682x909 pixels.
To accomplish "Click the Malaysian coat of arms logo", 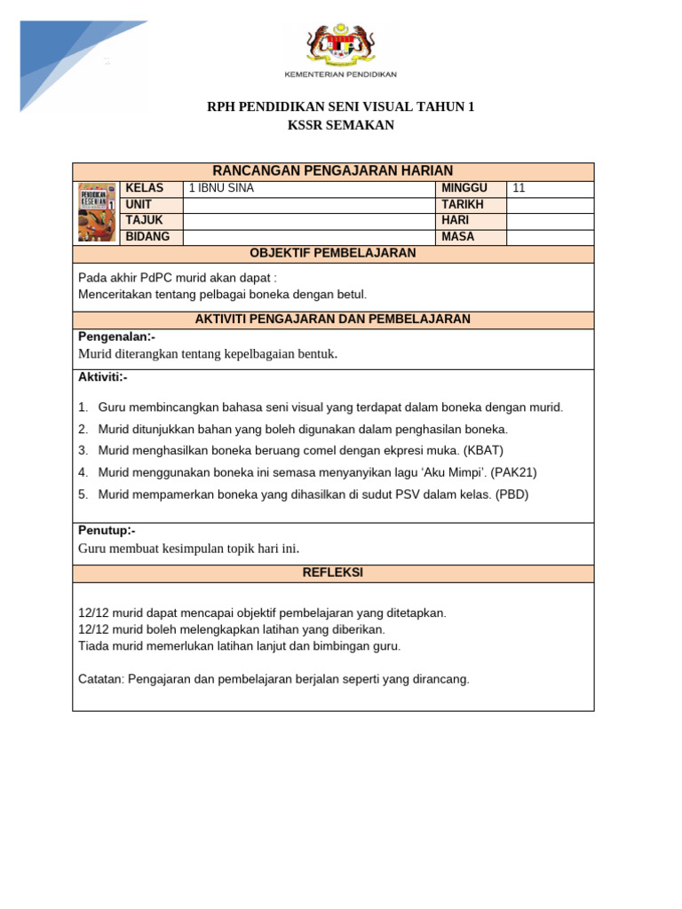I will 340,44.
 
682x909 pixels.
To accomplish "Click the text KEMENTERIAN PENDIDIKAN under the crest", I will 340,74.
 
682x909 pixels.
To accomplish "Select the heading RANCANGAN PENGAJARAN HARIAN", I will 333,171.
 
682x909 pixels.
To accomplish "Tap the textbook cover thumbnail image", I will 97,212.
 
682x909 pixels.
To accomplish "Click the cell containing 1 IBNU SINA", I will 308,188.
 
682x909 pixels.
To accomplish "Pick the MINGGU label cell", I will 471,188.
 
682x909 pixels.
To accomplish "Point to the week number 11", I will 519,188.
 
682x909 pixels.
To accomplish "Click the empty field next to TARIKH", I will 550,205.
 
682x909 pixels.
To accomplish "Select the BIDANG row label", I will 145,237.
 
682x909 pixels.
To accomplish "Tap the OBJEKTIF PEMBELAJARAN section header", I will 333,254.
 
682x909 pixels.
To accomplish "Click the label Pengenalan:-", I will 116,337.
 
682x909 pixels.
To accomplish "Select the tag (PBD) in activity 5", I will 511,494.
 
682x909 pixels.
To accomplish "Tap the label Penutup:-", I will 107,531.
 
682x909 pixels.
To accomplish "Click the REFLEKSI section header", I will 333,573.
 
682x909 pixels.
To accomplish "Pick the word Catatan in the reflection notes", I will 100,680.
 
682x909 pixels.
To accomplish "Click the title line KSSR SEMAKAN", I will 340,126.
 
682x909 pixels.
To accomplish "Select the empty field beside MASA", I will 550,237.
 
